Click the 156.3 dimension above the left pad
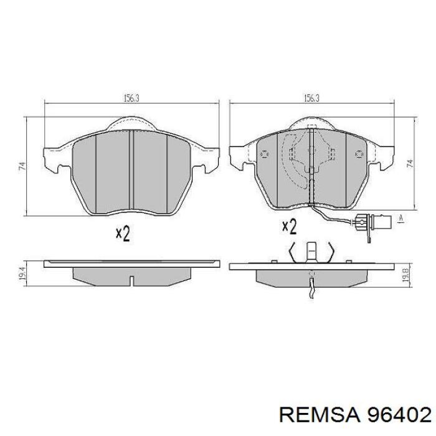click(x=131, y=98)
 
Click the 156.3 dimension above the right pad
click(x=311, y=98)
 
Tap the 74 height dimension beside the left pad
click(x=22, y=166)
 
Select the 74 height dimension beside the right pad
click(x=410, y=163)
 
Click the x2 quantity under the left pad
click(x=123, y=234)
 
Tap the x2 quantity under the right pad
click(x=289, y=226)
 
